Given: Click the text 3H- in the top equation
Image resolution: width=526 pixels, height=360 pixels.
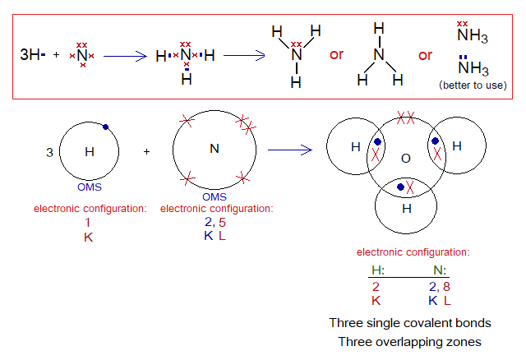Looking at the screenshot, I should tap(34, 55).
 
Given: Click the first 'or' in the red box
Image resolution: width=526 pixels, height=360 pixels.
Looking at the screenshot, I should tap(336, 55).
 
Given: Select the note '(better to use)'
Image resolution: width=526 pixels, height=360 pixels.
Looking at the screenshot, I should tap(474, 85).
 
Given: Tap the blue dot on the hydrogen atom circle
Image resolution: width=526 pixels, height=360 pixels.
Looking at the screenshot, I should tap(106, 127).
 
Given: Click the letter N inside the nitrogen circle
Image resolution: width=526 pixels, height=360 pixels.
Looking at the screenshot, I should tap(215, 149).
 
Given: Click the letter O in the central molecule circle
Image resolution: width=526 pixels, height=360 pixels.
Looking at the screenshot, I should tap(404, 156).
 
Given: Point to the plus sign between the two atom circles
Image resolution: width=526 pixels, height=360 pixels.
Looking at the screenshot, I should tap(147, 151).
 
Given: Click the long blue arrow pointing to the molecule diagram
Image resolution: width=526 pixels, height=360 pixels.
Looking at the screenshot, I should tap(289, 150).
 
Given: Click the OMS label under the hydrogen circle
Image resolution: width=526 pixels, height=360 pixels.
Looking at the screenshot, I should tap(90, 187).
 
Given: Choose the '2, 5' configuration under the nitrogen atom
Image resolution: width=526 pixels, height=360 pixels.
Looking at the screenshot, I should tap(215, 222).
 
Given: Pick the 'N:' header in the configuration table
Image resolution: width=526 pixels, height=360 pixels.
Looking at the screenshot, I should tap(441, 270).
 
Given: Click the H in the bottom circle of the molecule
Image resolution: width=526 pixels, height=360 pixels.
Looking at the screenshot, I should tap(405, 209).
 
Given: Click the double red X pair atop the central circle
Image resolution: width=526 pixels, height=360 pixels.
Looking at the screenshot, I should tap(404, 119).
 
